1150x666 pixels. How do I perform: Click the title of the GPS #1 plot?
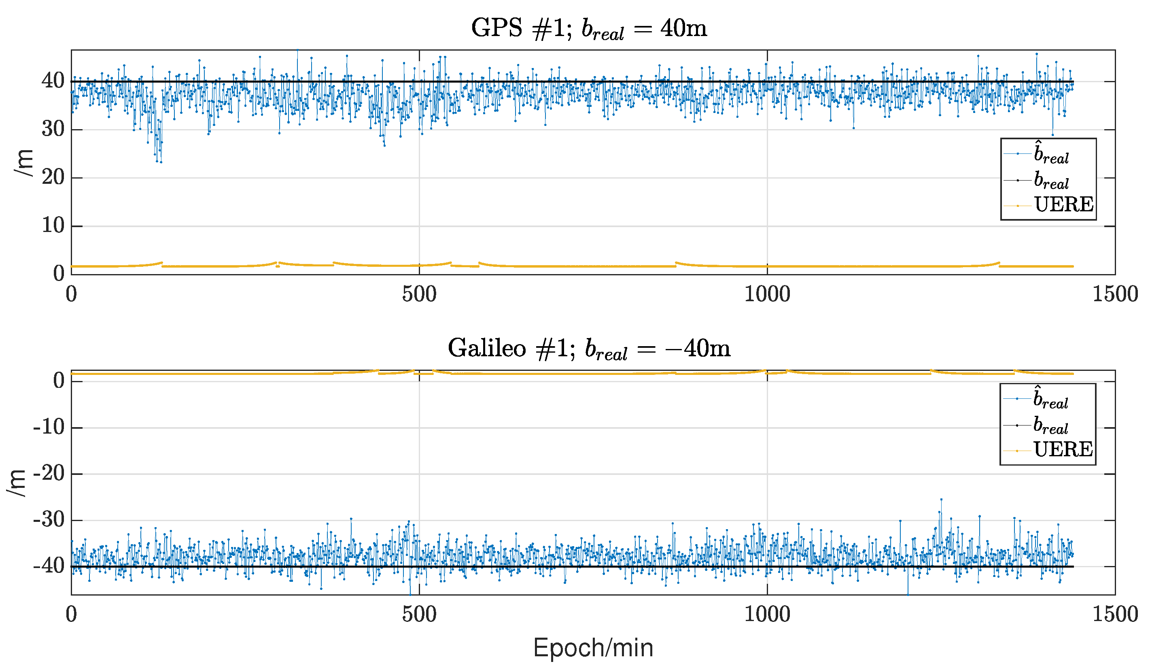[589, 29]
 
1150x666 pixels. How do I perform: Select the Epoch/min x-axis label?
[593, 648]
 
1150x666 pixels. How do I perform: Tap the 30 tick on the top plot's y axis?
[53, 130]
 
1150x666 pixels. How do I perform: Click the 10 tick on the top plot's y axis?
[53, 226]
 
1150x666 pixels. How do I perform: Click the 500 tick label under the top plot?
[419, 294]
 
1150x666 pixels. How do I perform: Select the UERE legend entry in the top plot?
[1063, 205]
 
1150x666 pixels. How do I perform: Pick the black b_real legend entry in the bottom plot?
[1050, 426]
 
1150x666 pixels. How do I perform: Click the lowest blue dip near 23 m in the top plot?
[161, 162]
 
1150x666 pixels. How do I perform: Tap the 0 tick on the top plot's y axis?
[59, 274]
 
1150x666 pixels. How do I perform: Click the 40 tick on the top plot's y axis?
[53, 81]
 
